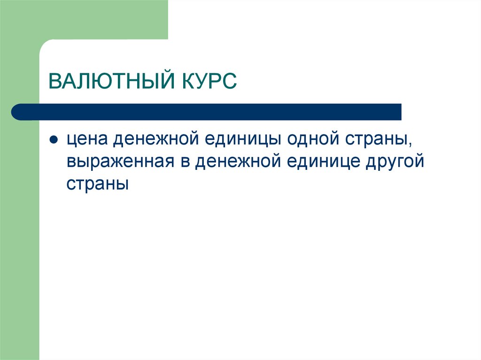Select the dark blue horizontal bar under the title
pyautogui.click(x=207, y=112)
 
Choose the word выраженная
pyautogui.click(x=121, y=162)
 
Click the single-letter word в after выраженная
pyautogui.click(x=185, y=162)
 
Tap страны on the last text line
pyautogui.click(x=97, y=184)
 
